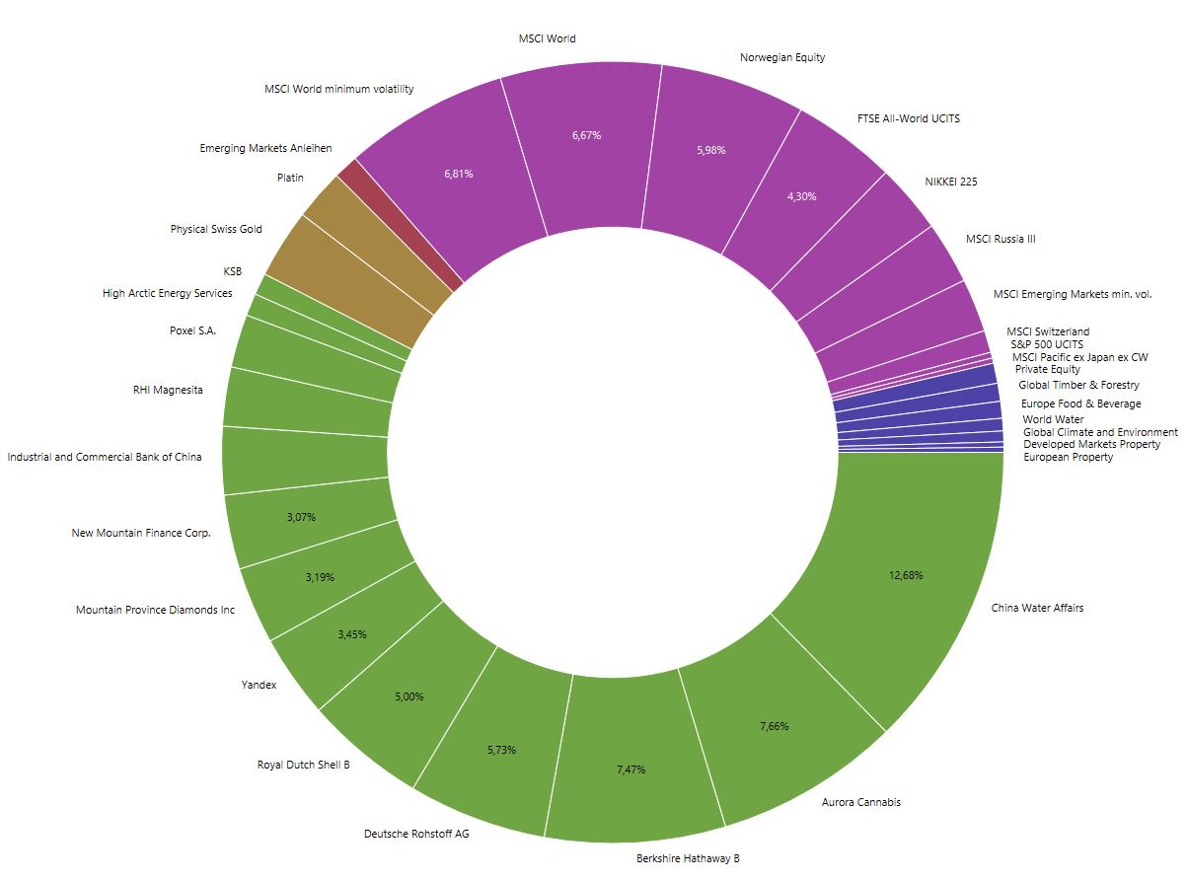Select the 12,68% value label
[905, 575]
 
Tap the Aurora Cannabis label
[860, 802]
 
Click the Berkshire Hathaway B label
[688, 858]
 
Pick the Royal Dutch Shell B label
[303, 765]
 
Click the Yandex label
[259, 685]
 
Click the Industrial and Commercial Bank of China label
[105, 457]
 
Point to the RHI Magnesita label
[168, 390]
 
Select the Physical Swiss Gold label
[216, 229]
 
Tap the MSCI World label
[547, 39]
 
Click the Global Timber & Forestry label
[1078, 385]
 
